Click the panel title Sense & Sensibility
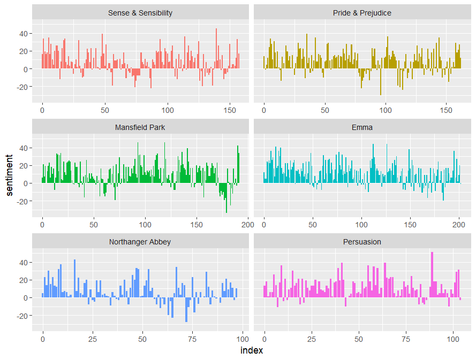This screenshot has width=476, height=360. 140,13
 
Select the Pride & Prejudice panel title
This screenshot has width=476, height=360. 362,13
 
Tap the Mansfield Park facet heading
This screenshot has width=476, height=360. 140,127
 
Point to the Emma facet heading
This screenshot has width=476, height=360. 362,127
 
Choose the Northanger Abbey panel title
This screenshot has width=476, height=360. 140,242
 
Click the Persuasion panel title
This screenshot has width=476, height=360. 362,242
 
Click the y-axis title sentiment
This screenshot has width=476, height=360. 9,175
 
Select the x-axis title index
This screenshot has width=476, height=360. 252,351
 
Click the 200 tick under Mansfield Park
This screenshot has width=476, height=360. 247,226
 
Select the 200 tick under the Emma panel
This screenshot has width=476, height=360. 459,226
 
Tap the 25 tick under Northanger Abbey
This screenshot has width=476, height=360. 92,340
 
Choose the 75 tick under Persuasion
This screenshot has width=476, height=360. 405,340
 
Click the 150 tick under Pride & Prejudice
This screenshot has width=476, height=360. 446,111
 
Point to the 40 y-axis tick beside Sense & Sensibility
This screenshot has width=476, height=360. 24,34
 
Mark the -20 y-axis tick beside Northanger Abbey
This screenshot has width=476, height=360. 22,316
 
